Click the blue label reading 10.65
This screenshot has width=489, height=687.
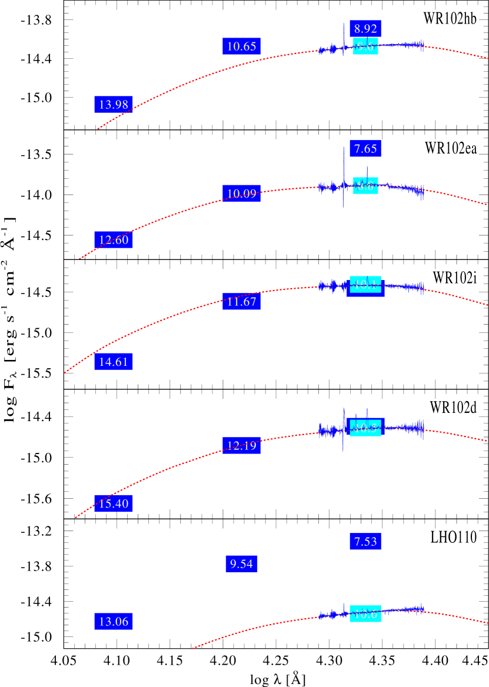241,46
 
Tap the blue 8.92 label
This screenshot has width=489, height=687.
365,28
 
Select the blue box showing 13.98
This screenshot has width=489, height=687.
113,105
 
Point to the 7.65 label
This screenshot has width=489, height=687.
365,148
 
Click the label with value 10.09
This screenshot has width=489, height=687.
241,194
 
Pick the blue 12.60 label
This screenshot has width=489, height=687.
113,239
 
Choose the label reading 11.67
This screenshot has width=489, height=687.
241,302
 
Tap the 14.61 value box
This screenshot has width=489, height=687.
113,362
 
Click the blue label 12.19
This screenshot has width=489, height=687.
241,445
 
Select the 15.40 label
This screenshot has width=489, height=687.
113,503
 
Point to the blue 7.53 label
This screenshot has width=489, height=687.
365,541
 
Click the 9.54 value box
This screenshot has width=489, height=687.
241,564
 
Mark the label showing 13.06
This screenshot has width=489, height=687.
113,621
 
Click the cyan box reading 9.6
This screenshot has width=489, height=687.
365,46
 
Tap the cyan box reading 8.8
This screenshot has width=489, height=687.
365,186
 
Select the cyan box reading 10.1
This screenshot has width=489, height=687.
365,285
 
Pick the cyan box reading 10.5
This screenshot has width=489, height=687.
365,428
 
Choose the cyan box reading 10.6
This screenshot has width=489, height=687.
365,613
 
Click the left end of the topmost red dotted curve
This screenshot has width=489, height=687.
98,129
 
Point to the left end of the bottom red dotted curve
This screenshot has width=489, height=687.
192,648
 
